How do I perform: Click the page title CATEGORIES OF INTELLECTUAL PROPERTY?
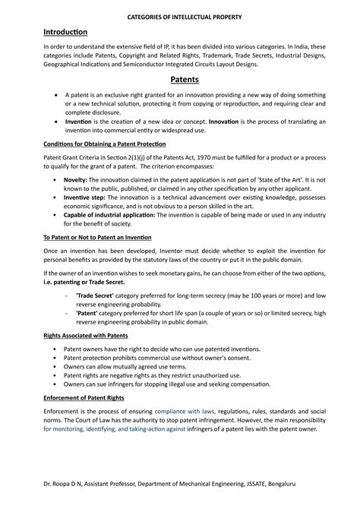180,14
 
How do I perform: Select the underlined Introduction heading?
65,32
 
